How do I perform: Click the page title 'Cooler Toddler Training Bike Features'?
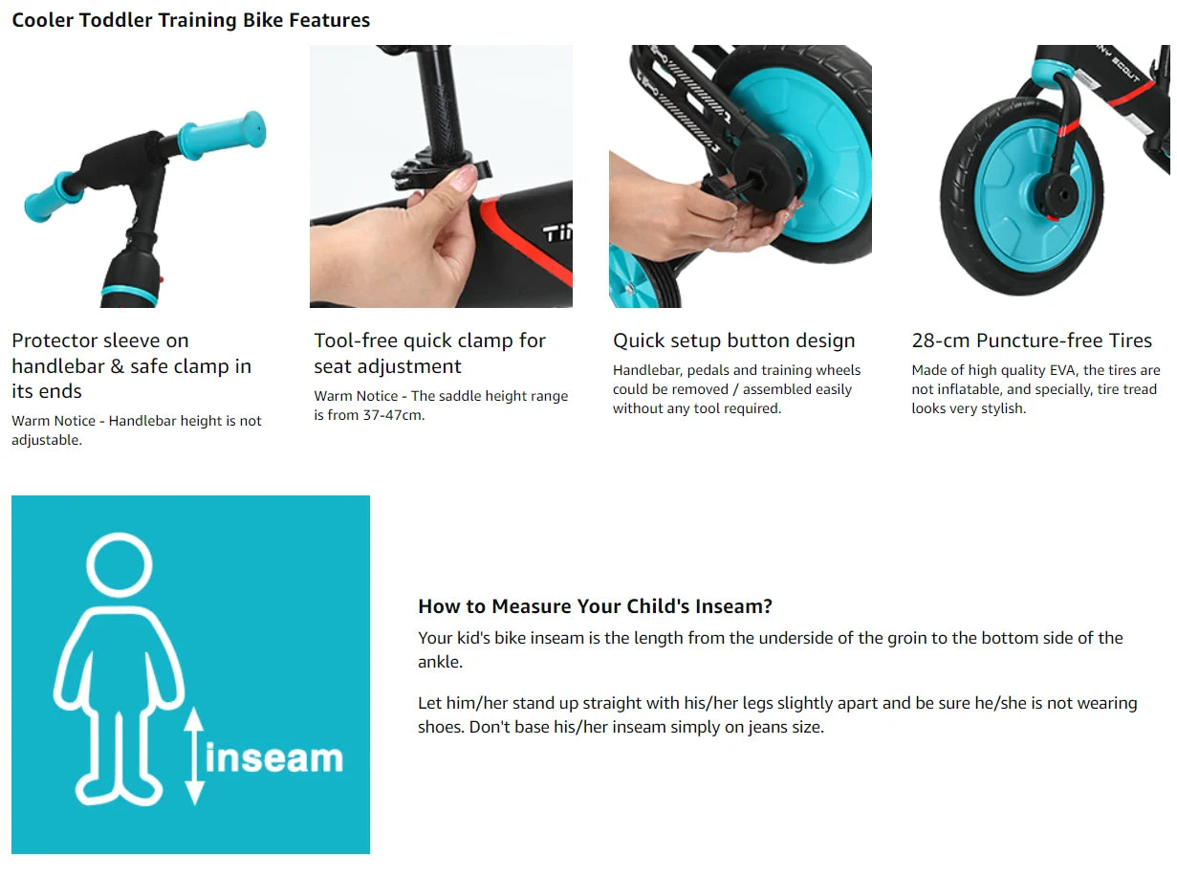click(191, 20)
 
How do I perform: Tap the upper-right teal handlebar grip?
click(222, 135)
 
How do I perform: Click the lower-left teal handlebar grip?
click(52, 197)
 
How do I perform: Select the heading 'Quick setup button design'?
click(733, 340)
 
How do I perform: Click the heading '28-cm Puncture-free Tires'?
click(1032, 340)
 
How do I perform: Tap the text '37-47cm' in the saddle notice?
click(393, 415)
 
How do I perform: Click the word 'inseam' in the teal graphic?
click(274, 757)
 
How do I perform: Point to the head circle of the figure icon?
click(120, 565)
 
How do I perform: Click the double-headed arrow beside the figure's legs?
click(194, 756)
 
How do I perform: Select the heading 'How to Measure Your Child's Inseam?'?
click(596, 606)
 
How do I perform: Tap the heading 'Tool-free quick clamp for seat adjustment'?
click(429, 353)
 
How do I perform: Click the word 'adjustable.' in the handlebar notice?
click(47, 440)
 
